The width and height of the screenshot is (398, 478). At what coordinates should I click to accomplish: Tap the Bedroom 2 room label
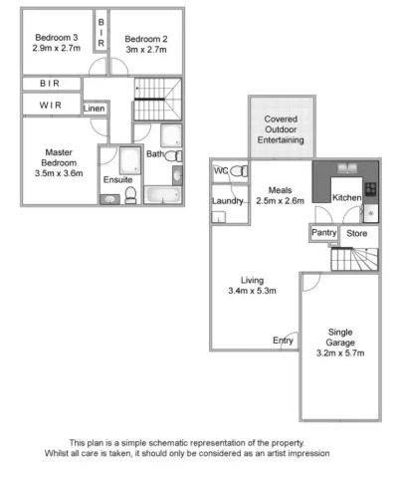[145, 39]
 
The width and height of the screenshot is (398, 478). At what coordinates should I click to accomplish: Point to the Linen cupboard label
[95, 108]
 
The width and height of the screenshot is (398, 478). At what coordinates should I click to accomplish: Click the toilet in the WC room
[236, 172]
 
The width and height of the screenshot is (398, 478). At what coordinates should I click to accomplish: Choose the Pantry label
[323, 232]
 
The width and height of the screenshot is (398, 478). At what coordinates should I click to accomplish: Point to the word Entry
[284, 341]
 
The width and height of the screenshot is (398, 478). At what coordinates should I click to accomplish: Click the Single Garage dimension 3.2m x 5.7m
[341, 353]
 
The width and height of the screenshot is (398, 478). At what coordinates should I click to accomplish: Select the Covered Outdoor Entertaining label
[281, 129]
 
